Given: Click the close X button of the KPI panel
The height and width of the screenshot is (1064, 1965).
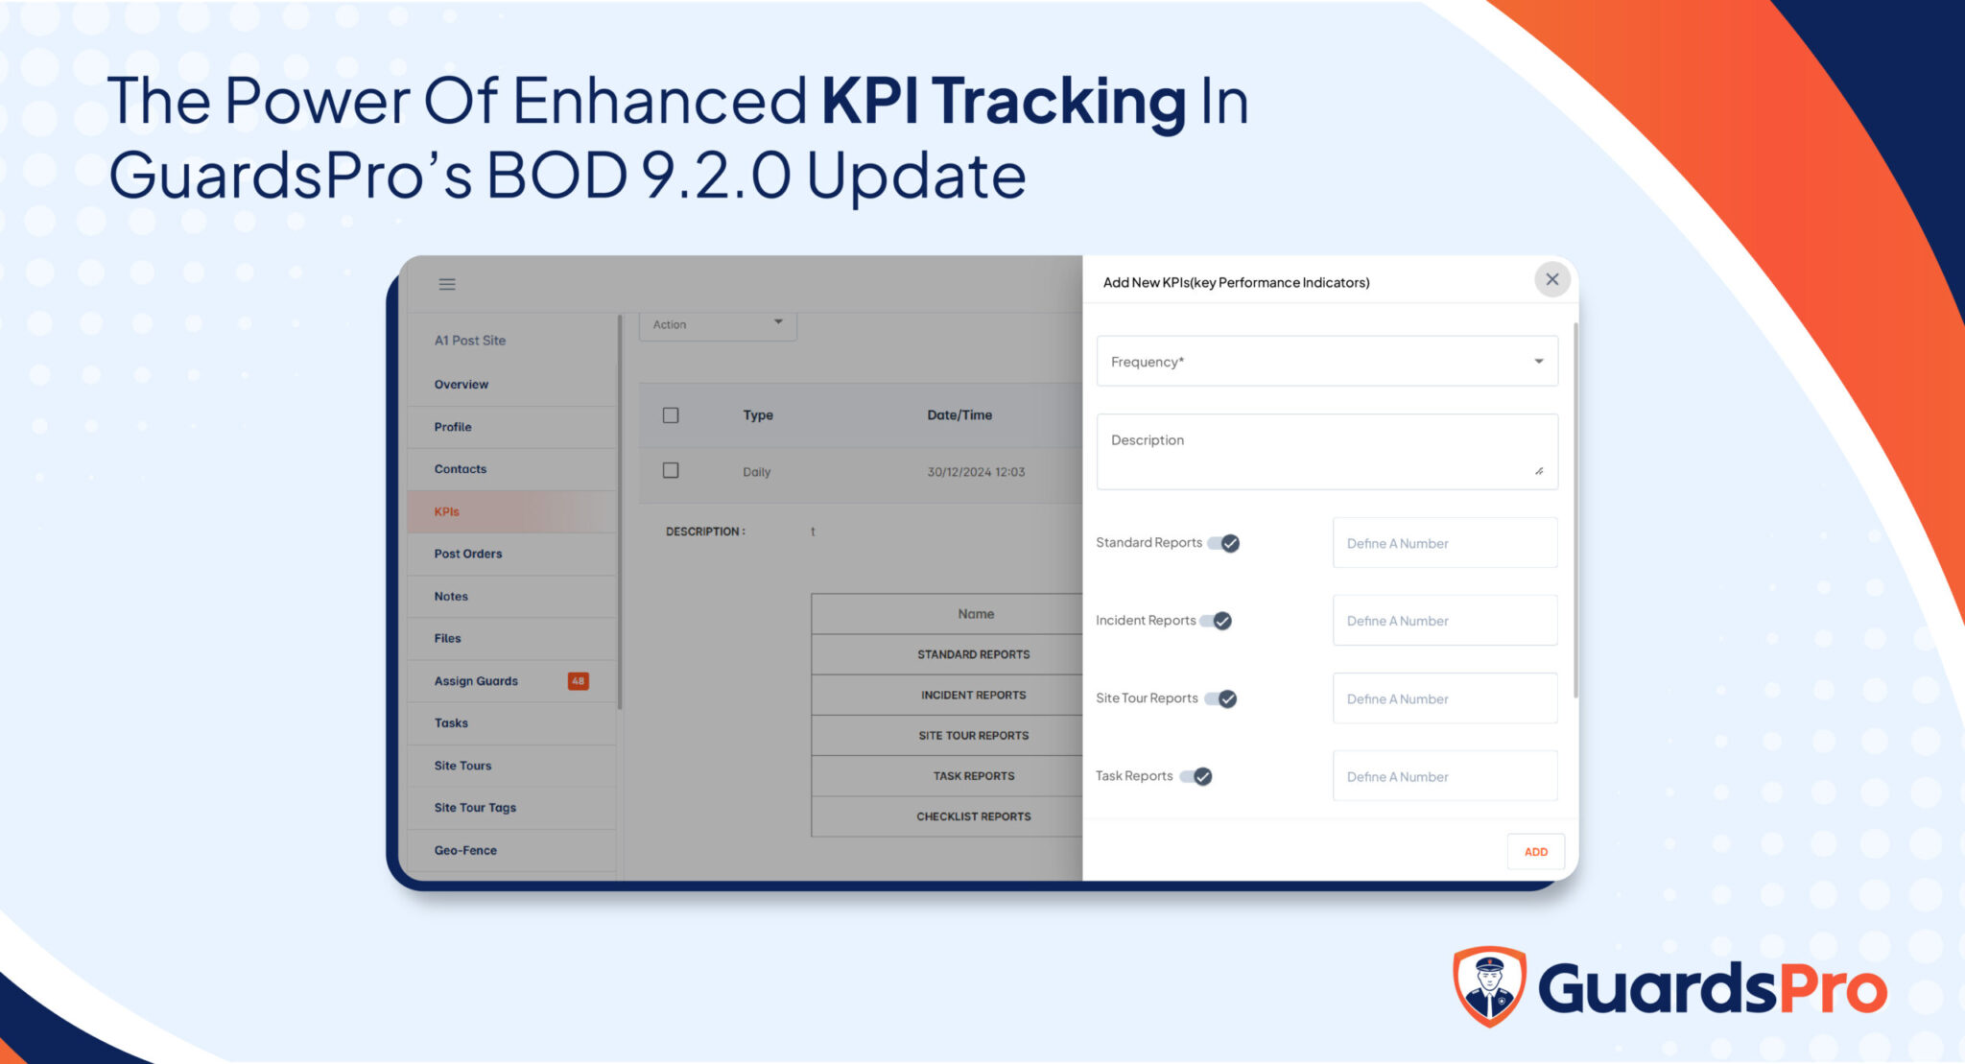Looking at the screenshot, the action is pos(1551,279).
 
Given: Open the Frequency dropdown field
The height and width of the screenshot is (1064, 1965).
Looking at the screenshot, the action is pos(1327,361).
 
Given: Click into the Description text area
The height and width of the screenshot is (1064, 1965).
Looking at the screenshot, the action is pos(1327,451).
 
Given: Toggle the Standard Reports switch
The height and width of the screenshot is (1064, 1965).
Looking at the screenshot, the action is pos(1223,543).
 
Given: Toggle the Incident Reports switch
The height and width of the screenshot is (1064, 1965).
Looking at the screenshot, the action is pos(1216,621).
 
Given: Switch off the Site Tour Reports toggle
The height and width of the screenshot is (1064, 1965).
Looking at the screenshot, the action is pos(1220,698).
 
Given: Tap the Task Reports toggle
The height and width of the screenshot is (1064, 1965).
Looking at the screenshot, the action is pos(1196,776).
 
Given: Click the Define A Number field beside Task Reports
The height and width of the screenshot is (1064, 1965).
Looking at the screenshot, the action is pos(1445,776).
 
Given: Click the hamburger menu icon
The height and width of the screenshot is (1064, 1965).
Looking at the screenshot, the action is pos(447,284).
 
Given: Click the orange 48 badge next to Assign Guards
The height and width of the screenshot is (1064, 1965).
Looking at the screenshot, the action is pos(578,681).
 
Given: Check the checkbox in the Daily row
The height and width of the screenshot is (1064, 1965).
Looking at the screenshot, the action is pos(671,470).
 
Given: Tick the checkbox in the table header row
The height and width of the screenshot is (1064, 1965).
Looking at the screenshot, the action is pos(671,415).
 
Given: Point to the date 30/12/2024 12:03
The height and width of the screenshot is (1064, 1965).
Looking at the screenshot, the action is pos(976,472).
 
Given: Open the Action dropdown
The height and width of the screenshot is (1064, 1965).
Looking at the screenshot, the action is pos(718,324).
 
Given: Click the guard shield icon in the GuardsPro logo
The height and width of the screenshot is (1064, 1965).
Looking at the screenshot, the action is pos(1489,986).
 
